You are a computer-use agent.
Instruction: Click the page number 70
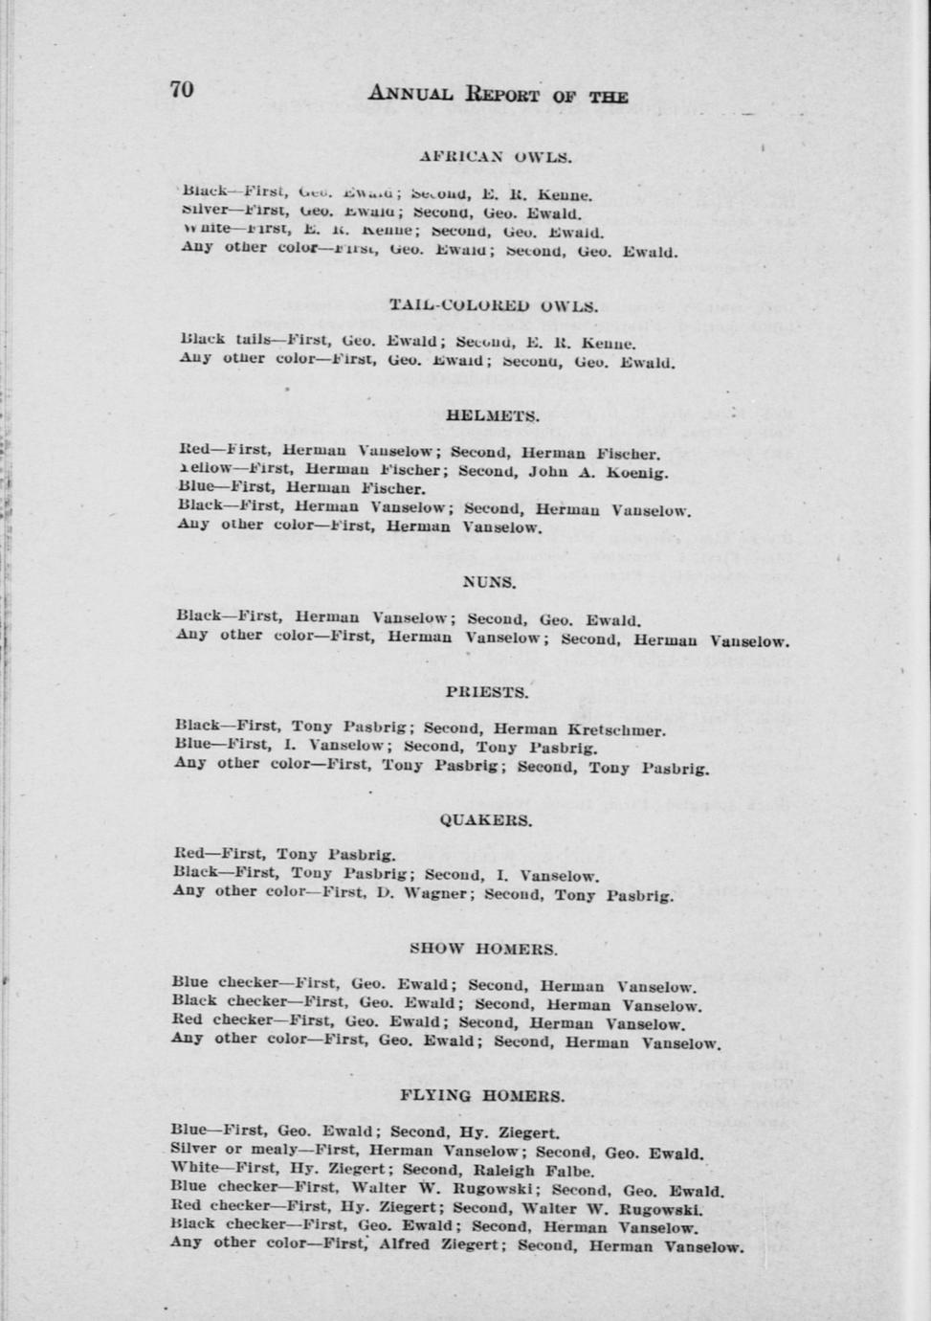[182, 89]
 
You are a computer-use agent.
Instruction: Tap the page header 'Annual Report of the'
[498, 95]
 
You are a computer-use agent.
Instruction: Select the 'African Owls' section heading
[496, 156]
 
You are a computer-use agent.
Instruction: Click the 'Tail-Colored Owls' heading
[493, 306]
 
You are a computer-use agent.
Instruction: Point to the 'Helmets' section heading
[493, 416]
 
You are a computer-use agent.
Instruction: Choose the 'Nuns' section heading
[489, 582]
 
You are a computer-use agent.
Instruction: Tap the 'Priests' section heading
[486, 692]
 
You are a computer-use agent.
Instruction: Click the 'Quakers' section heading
[486, 820]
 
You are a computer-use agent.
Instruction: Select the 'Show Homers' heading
[483, 950]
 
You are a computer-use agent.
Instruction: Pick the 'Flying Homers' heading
[481, 1096]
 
